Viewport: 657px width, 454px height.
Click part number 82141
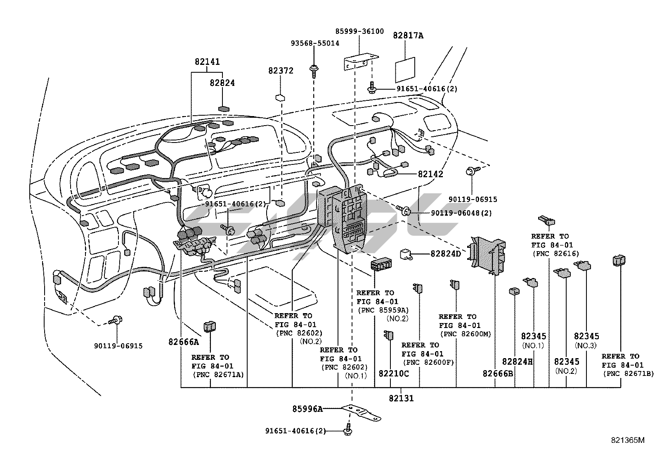tap(207, 62)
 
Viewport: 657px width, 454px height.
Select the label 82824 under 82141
tap(222, 83)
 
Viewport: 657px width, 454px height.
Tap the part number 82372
tap(281, 71)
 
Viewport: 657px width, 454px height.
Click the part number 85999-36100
tap(359, 31)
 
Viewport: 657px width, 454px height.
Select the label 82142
tap(430, 174)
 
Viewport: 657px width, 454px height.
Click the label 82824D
tap(445, 254)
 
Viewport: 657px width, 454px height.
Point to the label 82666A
tap(184, 342)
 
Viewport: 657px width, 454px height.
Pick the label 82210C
tap(394, 373)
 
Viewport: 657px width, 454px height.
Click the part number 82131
tap(401, 398)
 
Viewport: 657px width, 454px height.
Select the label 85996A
tap(307, 409)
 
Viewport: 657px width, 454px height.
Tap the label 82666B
tap(498, 373)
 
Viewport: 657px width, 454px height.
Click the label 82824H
tap(518, 361)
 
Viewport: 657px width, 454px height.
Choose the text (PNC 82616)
tap(555, 254)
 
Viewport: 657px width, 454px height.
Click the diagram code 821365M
tap(628, 440)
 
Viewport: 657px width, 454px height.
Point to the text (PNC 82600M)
tap(465, 334)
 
